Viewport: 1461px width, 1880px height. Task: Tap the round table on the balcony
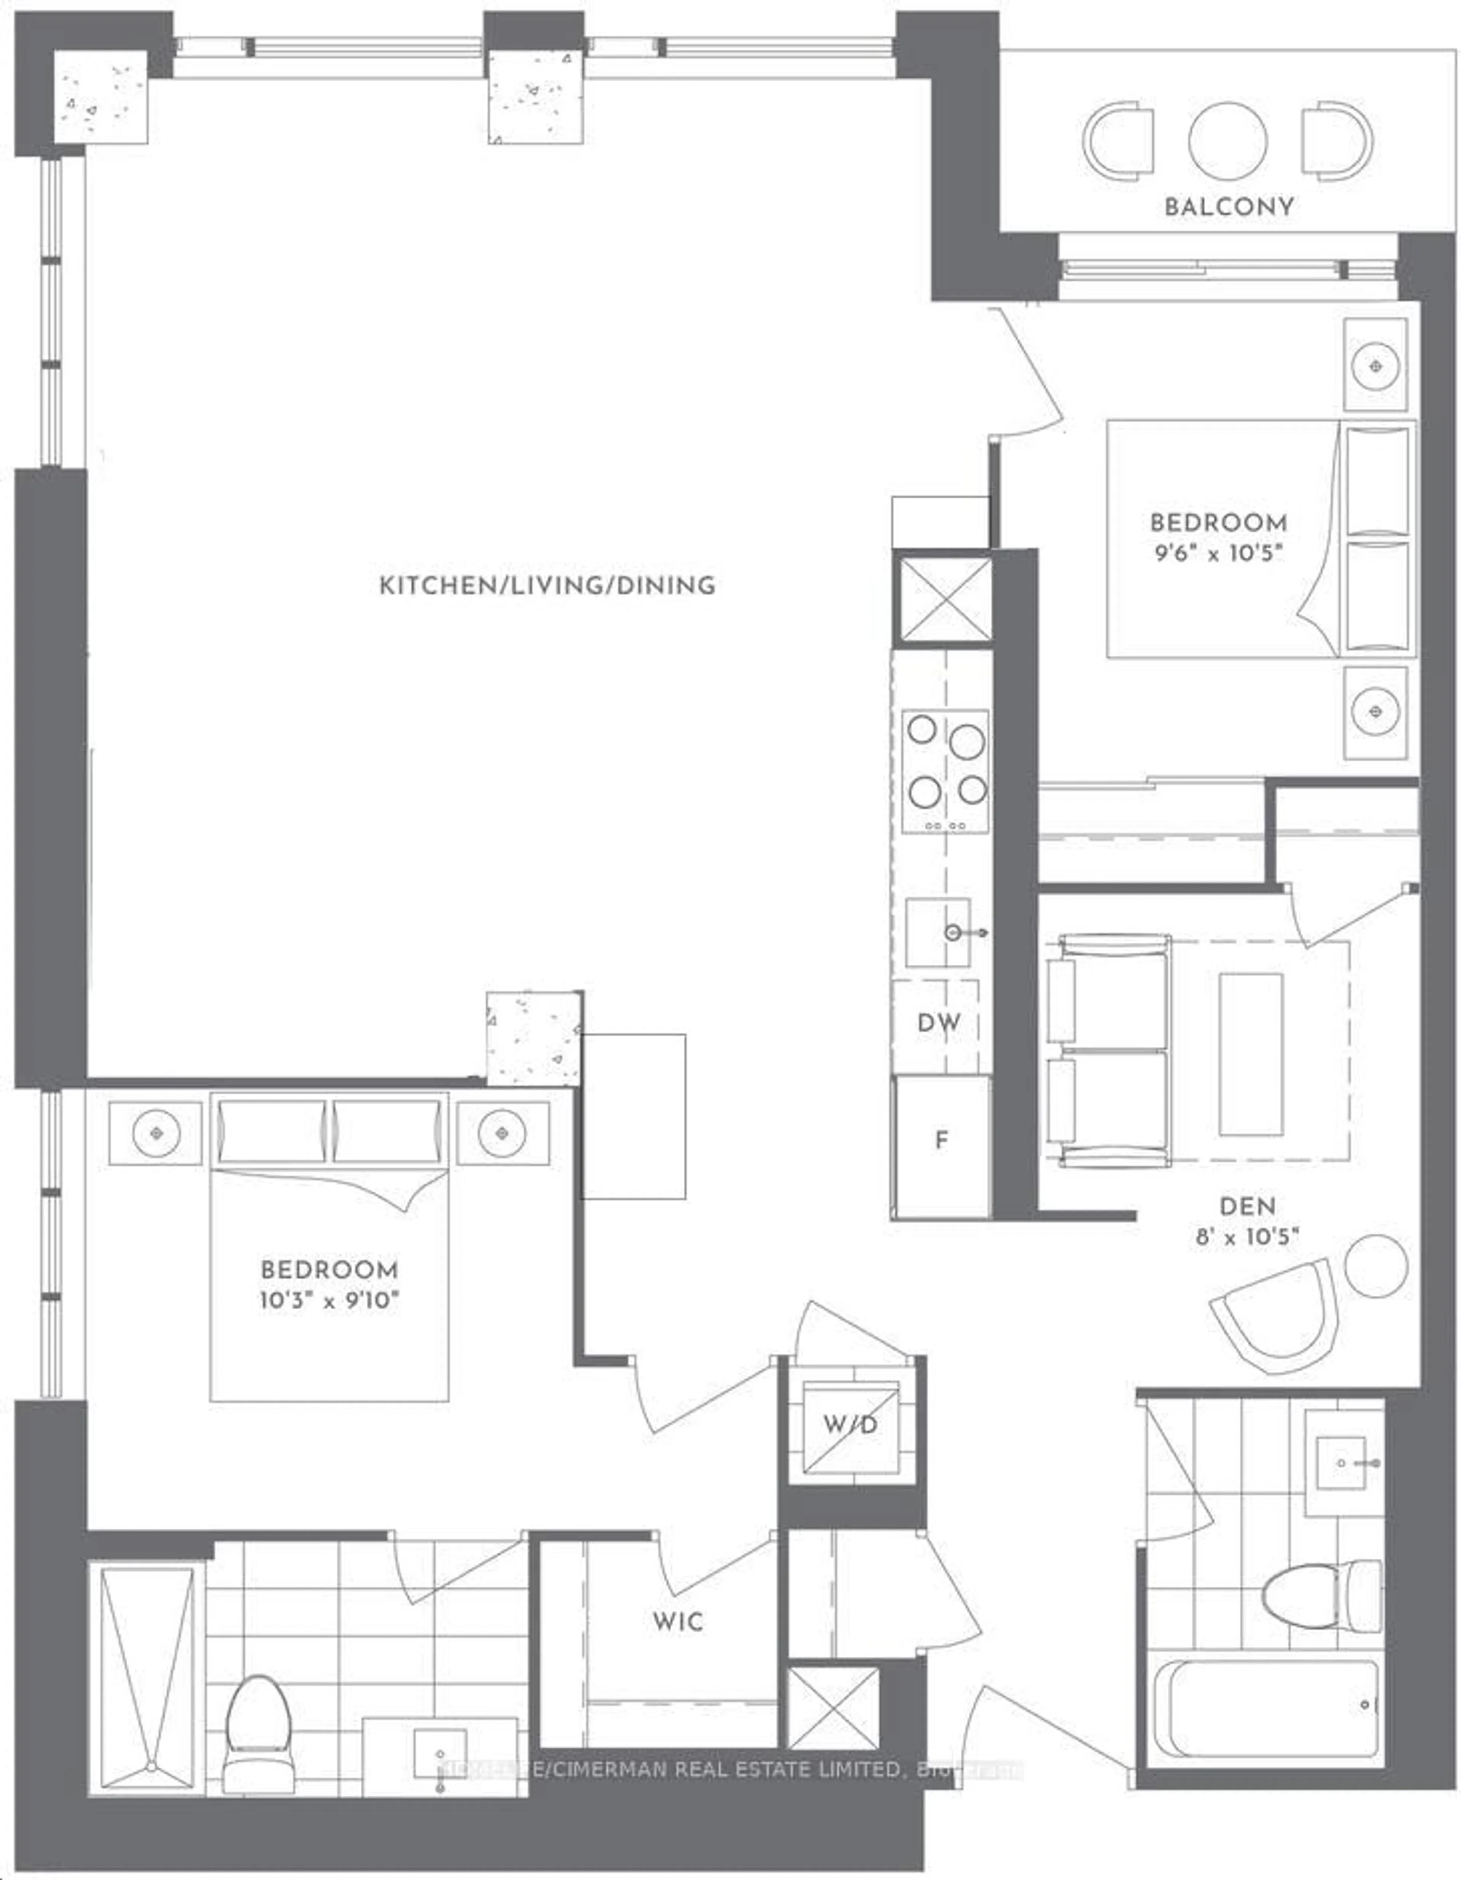click(1228, 141)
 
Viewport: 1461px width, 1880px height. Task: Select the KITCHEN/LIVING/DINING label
click(547, 586)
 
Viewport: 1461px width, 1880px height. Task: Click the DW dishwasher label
click(938, 1023)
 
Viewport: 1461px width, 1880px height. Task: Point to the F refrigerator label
click(942, 1140)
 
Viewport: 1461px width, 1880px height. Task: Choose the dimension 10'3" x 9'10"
click(330, 1300)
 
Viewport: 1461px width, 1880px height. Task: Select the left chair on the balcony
click(1119, 141)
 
